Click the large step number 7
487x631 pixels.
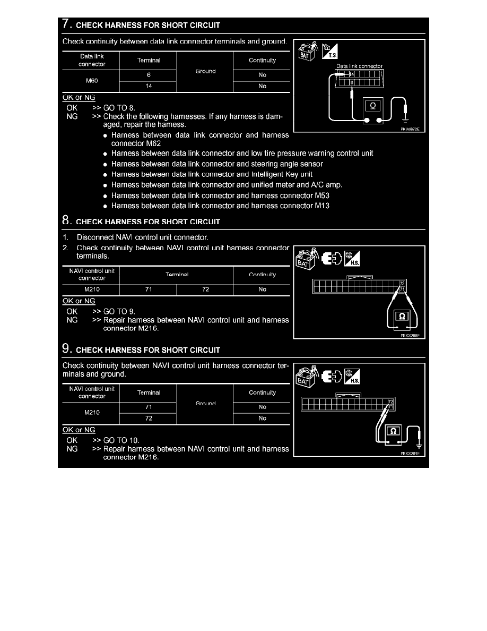pyautogui.click(x=66, y=24)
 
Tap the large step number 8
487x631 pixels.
pyautogui.click(x=66, y=220)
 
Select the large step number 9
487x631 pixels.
pyautogui.click(x=66, y=349)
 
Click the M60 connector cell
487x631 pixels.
pyautogui.click(x=91, y=81)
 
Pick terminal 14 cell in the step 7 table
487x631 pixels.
pyautogui.click(x=149, y=87)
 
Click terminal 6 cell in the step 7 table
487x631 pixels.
pyautogui.click(x=149, y=75)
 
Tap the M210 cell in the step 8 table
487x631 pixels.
pyautogui.click(x=91, y=289)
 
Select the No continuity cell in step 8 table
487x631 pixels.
pyautogui.click(x=262, y=289)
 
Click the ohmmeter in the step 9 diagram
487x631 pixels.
pyautogui.click(x=393, y=432)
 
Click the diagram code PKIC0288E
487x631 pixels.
pyautogui.click(x=410, y=335)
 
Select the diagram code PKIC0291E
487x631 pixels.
pyautogui.click(x=410, y=454)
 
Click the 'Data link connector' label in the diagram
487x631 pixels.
pyautogui.click(x=359, y=66)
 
